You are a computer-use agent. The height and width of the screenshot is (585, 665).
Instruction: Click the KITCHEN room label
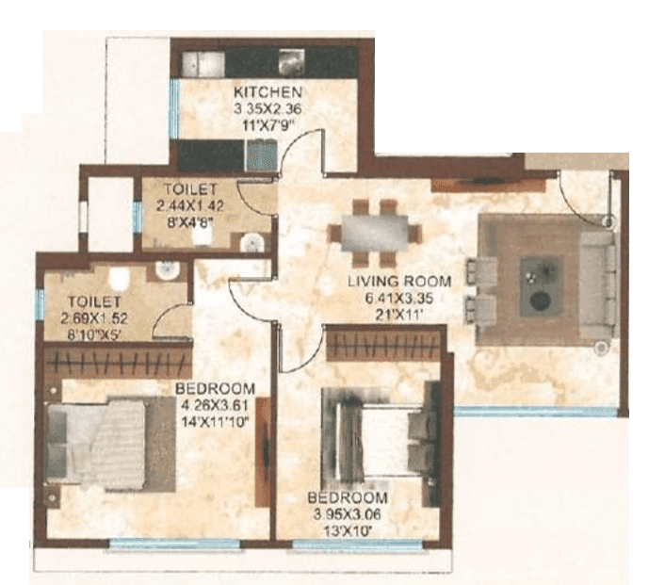coord(268,91)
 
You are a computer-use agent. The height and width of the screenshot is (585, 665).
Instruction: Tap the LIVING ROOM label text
coord(398,281)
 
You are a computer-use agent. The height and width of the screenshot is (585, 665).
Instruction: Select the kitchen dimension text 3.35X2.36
coord(268,106)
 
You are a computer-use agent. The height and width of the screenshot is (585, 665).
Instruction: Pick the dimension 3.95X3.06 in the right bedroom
coord(351,512)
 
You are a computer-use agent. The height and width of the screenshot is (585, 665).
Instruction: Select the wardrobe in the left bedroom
coord(118,363)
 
